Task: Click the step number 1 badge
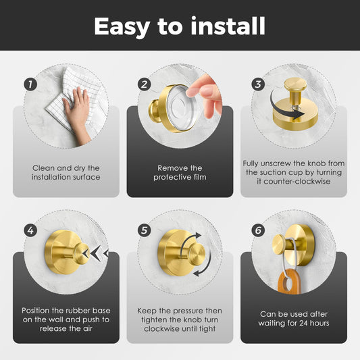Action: pos(30,84)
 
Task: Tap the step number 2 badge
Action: pos(144,84)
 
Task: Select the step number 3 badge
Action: pos(258,84)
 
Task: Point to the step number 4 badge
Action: pos(30,230)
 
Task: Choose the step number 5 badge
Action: pos(144,230)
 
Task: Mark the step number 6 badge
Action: pos(258,230)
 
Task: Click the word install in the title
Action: pos(228,26)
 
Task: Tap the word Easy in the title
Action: pos(122,27)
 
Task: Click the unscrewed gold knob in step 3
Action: pos(295,91)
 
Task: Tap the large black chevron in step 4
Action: pos(95,253)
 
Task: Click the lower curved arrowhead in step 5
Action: pos(196,274)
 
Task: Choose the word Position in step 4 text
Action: pos(36,311)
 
